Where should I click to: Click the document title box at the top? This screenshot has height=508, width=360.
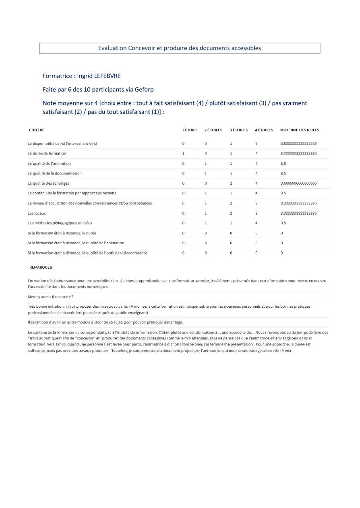[180, 48]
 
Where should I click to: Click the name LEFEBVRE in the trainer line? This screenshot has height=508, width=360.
[107, 76]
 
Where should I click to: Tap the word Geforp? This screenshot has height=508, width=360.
[144, 89]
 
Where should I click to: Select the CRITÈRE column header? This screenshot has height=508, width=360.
[37, 130]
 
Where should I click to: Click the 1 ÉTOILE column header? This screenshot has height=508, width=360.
[190, 130]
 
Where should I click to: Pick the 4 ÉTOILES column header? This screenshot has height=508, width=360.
[264, 130]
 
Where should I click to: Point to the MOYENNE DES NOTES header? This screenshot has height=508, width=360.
[300, 130]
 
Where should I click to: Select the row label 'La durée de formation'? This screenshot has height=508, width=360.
[47, 153]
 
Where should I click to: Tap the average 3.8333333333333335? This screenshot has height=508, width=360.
[298, 144]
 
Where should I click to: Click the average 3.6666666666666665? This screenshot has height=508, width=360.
[298, 183]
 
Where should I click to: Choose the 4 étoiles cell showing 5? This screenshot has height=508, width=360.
[257, 144]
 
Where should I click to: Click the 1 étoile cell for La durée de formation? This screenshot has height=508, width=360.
[183, 153]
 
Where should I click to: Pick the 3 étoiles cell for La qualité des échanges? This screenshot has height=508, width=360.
[231, 183]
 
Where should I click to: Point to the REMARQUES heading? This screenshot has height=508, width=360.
[41, 267]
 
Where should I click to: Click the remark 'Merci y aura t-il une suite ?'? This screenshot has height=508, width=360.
[50, 297]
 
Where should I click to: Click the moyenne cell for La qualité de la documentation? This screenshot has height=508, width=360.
[283, 173]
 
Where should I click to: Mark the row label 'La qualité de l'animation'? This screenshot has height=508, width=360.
[49, 163]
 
